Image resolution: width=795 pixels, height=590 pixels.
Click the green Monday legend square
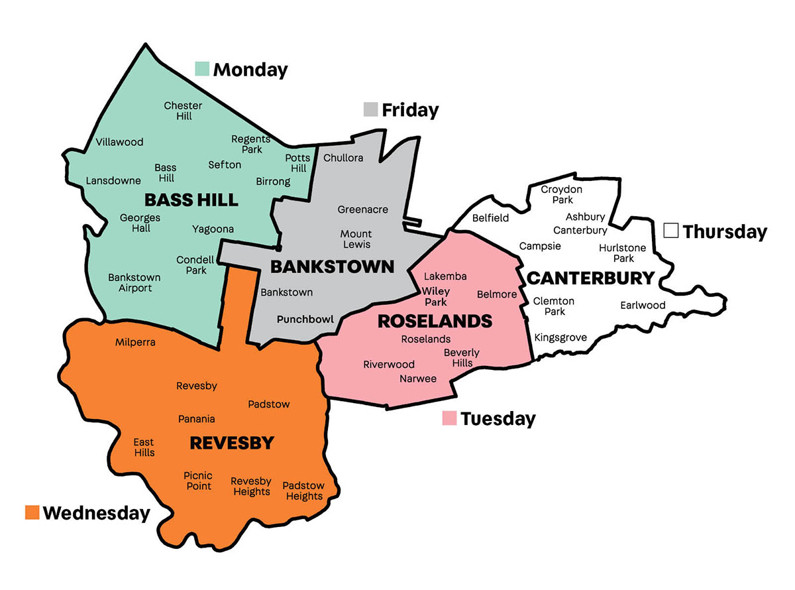(x=202, y=68)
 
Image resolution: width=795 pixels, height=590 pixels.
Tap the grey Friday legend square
(x=371, y=109)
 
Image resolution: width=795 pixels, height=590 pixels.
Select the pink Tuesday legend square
(x=450, y=418)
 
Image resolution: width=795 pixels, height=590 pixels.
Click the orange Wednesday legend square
(x=32, y=512)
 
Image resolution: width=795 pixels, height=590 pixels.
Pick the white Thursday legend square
(x=671, y=231)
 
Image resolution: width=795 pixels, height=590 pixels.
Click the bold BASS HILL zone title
(x=182, y=200)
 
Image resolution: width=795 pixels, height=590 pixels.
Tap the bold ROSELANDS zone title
(x=435, y=322)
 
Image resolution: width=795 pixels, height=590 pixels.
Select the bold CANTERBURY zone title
(x=590, y=278)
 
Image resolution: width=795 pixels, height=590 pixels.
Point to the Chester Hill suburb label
(x=183, y=111)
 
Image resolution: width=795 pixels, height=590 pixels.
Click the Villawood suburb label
(x=119, y=142)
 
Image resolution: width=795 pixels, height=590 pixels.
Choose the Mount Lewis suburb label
(x=356, y=239)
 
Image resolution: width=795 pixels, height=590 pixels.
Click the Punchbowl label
(x=305, y=319)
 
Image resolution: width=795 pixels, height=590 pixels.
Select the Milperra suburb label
(x=135, y=342)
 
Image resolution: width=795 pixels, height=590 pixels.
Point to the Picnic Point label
(x=198, y=481)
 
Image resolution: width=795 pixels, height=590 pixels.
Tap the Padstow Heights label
(x=303, y=491)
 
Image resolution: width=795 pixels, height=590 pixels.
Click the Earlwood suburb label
(x=643, y=306)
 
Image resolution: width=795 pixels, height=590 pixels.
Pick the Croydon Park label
(x=561, y=194)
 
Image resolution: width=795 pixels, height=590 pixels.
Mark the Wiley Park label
(x=436, y=296)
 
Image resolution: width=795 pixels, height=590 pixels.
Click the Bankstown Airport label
(x=130, y=282)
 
